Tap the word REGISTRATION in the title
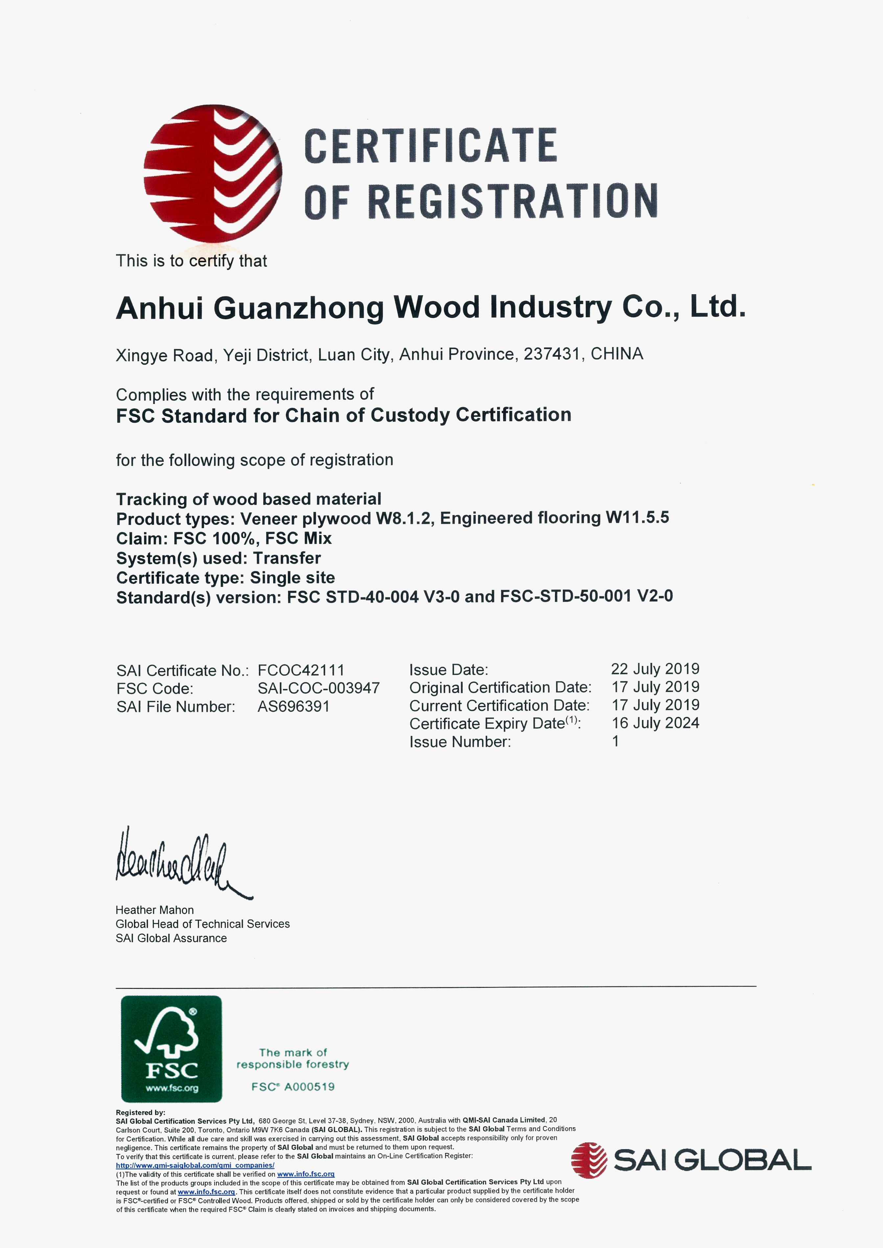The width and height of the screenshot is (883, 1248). pos(513,201)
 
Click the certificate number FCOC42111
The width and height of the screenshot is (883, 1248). pos(301,670)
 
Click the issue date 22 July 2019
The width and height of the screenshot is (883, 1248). pos(655,669)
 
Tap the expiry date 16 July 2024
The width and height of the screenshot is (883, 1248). pos(655,723)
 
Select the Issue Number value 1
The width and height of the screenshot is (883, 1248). pos(616,741)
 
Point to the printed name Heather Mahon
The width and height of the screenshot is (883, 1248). pos(154,910)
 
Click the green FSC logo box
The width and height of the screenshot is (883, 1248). pos(171,1049)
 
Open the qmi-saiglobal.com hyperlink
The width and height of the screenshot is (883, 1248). pos(195,1165)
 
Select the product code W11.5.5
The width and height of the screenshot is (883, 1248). pos(637,518)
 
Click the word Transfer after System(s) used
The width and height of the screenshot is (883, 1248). pos(287,558)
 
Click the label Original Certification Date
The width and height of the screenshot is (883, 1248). pos(500,688)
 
